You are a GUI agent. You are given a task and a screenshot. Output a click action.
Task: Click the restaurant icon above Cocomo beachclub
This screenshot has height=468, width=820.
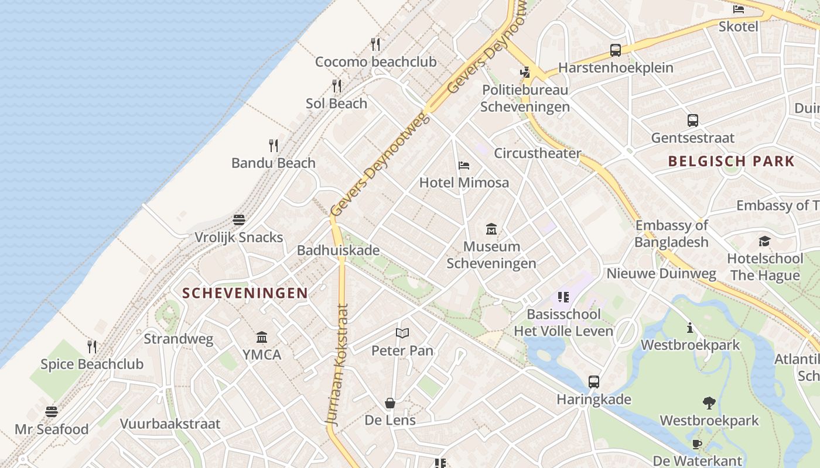pos(375,44)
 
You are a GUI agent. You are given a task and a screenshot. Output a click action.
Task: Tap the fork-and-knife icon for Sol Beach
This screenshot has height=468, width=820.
pos(337,86)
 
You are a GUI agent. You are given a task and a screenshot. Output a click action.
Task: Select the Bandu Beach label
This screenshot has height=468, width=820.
pos(274,163)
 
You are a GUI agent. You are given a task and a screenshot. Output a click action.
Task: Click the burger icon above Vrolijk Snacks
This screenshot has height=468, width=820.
pos(238,220)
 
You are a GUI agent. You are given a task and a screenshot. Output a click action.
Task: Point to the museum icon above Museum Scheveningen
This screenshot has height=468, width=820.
pos(491,229)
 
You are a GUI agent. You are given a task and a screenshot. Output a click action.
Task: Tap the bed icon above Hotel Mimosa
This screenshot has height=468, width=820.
pos(464,166)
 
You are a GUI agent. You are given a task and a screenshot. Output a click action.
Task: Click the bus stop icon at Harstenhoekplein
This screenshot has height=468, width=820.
pos(615,50)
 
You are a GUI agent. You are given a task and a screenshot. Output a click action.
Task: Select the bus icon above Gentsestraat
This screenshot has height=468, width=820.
pos(693,121)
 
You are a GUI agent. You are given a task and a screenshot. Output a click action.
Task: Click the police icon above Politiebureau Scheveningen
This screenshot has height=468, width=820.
pos(525,73)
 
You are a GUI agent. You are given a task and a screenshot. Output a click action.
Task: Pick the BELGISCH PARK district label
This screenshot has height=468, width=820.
pos(732,161)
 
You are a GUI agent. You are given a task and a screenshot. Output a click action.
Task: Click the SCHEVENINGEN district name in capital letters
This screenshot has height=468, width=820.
pos(245,293)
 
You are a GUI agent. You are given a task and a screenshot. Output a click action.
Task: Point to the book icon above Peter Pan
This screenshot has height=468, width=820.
pos(402,333)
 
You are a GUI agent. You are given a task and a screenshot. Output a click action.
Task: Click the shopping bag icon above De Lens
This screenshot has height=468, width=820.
pos(390,403)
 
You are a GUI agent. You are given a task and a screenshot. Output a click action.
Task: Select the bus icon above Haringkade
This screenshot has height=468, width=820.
pos(594,382)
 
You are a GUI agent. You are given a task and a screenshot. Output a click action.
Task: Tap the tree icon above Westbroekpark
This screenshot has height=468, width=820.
pos(709,403)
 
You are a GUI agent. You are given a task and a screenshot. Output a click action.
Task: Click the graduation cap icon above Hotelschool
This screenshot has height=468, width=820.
pos(764,241)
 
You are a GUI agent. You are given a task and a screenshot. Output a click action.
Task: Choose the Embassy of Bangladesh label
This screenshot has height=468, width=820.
pos(671,233)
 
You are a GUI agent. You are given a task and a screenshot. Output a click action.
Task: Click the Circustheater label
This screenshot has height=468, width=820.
pos(538,153)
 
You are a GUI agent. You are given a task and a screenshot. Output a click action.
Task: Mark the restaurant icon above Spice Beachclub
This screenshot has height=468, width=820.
pos(92,347)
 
